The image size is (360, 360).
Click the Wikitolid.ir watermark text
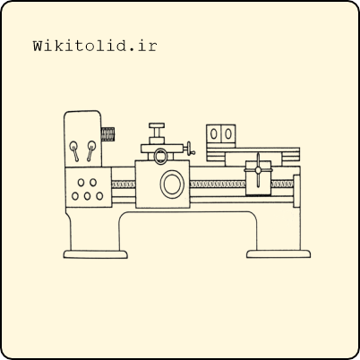[x=95, y=47]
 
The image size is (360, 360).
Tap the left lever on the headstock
[x=74, y=150]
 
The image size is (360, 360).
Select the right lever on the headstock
[x=90, y=150]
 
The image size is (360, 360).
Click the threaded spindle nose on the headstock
[x=107, y=134]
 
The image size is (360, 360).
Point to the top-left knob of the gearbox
[x=81, y=183]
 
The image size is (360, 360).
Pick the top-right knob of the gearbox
[x=93, y=183]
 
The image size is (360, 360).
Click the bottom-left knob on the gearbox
[x=75, y=196]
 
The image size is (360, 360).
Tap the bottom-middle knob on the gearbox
[x=87, y=196]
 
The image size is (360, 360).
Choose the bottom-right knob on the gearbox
[x=99, y=196]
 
